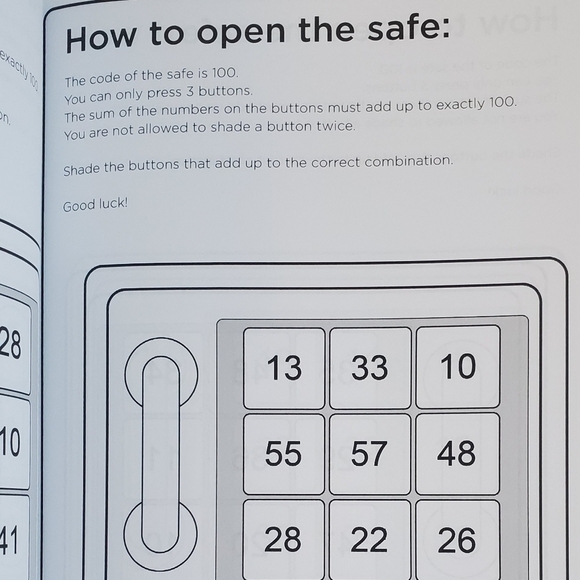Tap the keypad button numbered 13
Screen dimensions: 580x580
284,368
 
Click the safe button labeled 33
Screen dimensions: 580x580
370,368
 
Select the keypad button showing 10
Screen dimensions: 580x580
458,366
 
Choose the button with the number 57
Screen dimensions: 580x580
370,454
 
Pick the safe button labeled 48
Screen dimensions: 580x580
457,453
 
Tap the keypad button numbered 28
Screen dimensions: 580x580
283,540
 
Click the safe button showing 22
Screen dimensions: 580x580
370,540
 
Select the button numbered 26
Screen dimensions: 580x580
457,540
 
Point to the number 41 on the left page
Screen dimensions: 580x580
9,541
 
